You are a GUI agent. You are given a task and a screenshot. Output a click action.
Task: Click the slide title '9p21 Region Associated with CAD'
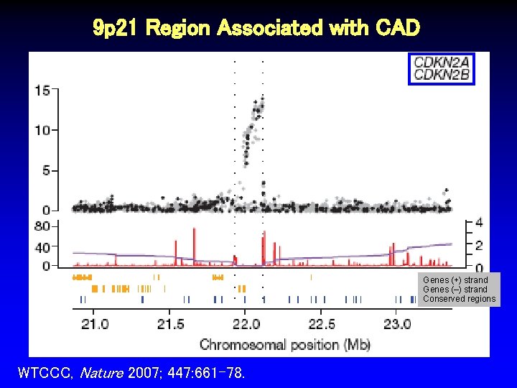(256, 28)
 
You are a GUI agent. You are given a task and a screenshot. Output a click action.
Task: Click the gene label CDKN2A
(442, 63)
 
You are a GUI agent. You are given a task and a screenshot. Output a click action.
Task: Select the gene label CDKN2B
(442, 75)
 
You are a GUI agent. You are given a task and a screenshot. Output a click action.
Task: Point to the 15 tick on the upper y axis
(42, 91)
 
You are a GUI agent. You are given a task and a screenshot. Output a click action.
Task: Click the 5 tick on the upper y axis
(45, 170)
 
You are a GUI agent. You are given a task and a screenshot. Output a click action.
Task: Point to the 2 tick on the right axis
(479, 246)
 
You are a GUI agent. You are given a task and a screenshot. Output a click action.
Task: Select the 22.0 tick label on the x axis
(246, 324)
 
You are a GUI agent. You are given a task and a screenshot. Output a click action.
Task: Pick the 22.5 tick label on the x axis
(321, 324)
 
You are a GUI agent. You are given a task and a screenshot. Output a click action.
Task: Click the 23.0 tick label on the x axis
(396, 324)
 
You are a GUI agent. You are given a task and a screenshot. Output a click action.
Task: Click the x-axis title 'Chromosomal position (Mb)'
(285, 345)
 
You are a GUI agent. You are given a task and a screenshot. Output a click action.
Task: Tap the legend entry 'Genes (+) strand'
(456, 280)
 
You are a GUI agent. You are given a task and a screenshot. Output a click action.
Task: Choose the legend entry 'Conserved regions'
(459, 299)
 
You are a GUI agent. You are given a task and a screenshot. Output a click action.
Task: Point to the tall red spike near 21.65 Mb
(194, 244)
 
